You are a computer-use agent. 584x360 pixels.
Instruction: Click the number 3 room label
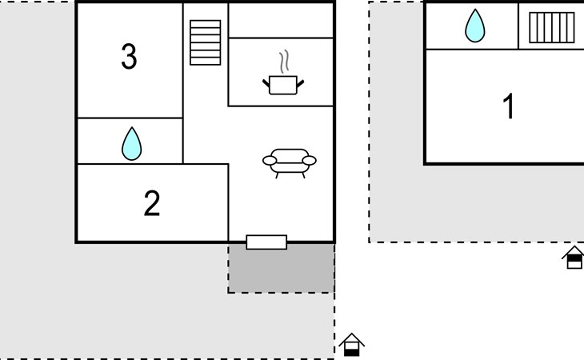click(x=129, y=56)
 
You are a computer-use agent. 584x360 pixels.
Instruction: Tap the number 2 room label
click(x=152, y=203)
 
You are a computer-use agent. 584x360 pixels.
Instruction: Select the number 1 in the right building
click(x=509, y=106)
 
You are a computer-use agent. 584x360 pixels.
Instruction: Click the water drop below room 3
click(x=131, y=144)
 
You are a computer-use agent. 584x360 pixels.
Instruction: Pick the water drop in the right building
click(x=475, y=26)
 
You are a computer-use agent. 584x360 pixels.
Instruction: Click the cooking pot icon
click(x=283, y=85)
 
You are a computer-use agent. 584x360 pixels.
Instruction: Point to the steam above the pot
click(x=284, y=62)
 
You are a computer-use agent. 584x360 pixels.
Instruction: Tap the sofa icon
click(x=290, y=163)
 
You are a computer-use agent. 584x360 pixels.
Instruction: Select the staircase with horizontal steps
click(x=206, y=43)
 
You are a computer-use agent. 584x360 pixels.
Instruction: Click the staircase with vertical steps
click(x=551, y=27)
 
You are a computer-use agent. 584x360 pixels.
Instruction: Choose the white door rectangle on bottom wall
click(x=266, y=242)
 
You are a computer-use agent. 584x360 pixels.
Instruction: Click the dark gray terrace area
click(x=281, y=269)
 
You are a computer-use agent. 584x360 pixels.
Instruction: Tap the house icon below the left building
click(x=351, y=345)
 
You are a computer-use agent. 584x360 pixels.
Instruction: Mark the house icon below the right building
click(x=574, y=258)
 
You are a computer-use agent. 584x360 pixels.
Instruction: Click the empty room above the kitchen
click(x=281, y=21)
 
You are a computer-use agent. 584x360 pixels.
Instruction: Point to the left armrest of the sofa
click(x=270, y=161)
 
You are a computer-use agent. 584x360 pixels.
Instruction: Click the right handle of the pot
click(x=300, y=84)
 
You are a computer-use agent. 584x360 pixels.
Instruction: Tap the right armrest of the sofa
click(x=309, y=161)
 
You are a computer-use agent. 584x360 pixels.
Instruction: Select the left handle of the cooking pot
click(x=266, y=84)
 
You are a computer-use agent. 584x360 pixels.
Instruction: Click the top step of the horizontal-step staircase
click(x=206, y=24)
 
